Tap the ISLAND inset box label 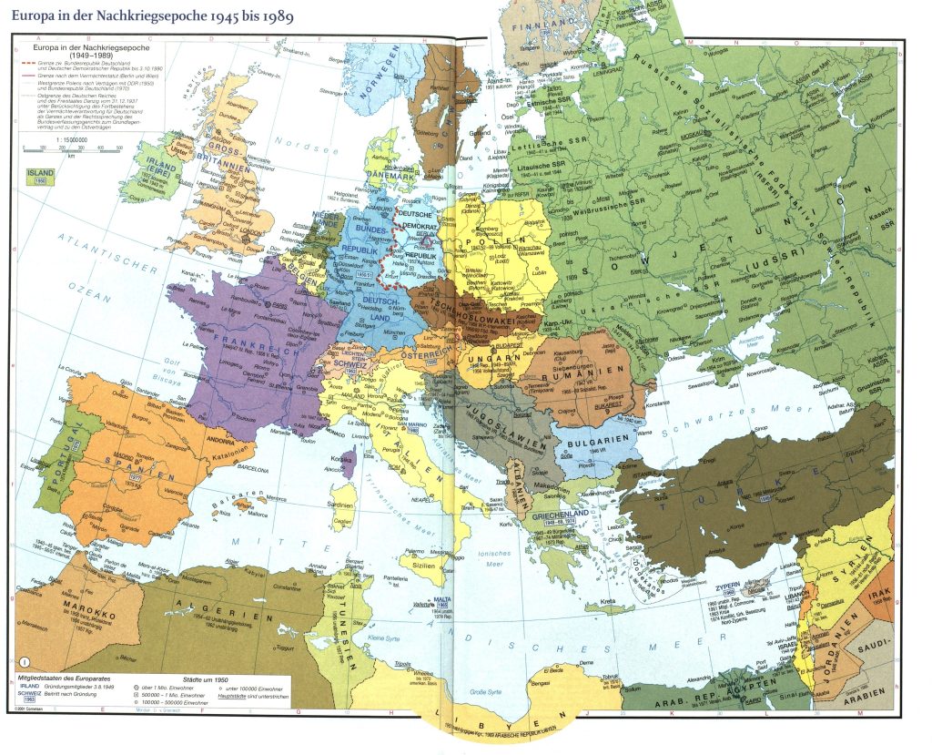pos(40,171)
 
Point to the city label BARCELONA pos(243,472)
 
